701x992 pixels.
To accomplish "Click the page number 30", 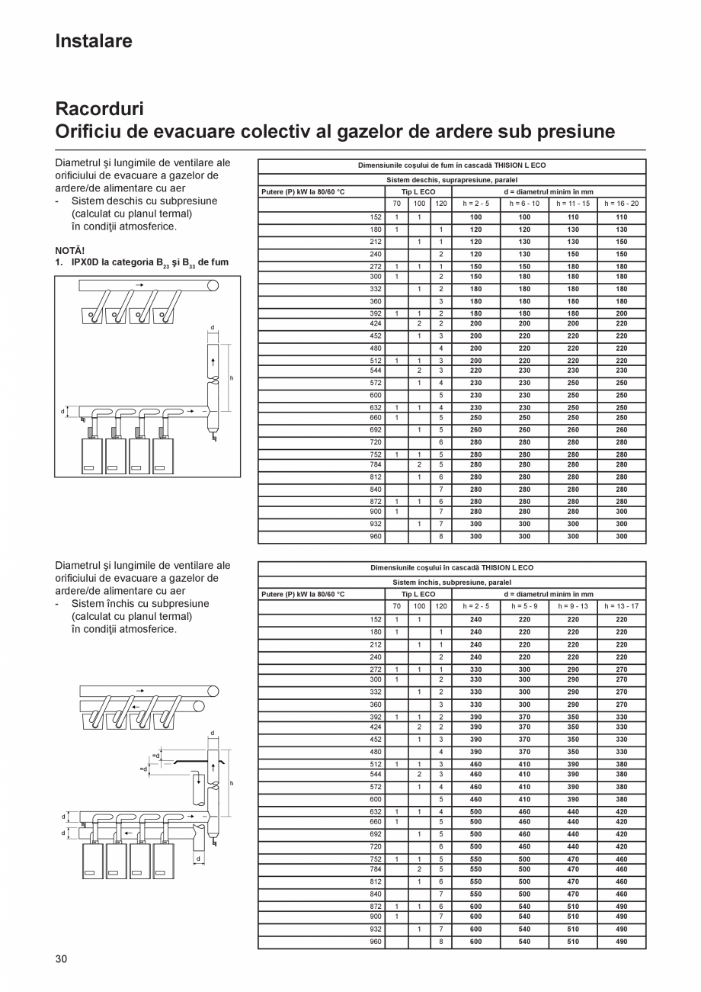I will [62, 958].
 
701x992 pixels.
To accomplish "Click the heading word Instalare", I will [94, 41].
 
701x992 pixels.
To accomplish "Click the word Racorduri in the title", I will [99, 109].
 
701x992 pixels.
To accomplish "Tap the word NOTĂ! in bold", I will [70, 250].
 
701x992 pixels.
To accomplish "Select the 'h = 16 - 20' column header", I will [621, 204].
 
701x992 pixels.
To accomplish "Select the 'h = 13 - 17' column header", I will [621, 606].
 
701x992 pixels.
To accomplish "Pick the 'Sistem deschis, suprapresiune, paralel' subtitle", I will [452, 180].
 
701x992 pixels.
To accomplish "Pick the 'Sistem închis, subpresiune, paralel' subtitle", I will [452, 582].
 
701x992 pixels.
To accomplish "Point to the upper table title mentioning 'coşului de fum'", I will [452, 165].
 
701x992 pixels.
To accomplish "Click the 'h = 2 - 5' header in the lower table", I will [476, 606].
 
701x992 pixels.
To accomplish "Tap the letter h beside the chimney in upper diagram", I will [232, 378].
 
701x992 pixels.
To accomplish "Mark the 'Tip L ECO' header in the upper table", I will [418, 192].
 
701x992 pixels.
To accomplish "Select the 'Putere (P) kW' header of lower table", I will [303, 594].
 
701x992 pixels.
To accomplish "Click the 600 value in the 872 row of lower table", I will [476, 907].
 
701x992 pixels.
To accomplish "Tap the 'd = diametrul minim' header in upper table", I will [549, 192].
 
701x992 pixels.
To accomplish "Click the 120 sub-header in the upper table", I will [441, 204].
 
